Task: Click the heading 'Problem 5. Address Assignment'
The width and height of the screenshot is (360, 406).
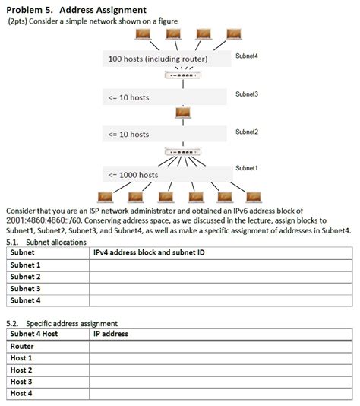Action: pyautogui.click(x=76, y=8)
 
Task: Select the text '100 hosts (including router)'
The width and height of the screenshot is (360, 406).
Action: pyautogui.click(x=158, y=59)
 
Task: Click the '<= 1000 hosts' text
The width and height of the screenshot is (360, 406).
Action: pyautogui.click(x=134, y=174)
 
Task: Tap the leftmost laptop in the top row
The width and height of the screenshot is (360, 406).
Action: pyautogui.click(x=141, y=35)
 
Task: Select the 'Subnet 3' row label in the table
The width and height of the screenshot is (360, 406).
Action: pyautogui.click(x=25, y=289)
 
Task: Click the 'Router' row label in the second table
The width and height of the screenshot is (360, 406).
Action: pyautogui.click(x=22, y=346)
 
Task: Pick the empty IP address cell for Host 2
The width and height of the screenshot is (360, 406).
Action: pyautogui.click(x=220, y=370)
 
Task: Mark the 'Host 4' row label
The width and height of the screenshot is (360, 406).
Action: pyautogui.click(x=21, y=393)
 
